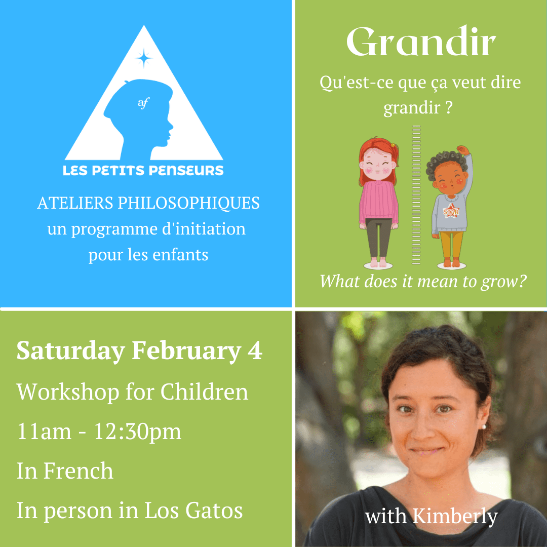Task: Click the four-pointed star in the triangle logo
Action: (143, 58)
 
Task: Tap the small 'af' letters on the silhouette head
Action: (143, 102)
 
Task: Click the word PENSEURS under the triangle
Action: (186, 171)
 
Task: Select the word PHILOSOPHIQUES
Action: (188, 204)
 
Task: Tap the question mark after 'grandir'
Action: (449, 108)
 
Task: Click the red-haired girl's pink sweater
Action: (378, 201)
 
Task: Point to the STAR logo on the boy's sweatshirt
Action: (451, 211)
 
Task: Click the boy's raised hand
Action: (462, 150)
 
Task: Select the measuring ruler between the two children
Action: (416, 194)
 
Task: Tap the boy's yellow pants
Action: (452, 244)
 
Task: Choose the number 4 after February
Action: (255, 350)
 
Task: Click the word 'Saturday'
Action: (71, 351)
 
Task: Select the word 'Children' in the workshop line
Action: (204, 392)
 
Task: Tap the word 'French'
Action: (79, 471)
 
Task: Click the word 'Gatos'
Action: (214, 511)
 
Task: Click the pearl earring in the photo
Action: (484, 426)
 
